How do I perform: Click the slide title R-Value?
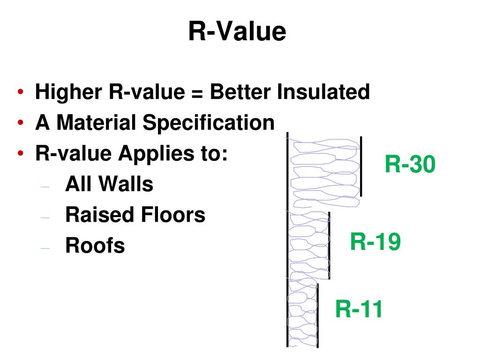tap(237, 32)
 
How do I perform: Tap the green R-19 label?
tap(375, 242)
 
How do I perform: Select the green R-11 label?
tap(359, 309)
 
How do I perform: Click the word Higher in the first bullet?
tap(69, 92)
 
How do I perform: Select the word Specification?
tap(209, 123)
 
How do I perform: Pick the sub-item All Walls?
tap(109, 184)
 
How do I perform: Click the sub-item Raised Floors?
tap(135, 215)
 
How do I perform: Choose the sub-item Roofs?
tap(95, 246)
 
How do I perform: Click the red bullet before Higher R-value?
tap(22, 92)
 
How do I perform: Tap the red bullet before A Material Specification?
tap(22, 123)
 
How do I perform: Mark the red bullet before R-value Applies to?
tap(22, 154)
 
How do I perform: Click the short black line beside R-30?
tap(361, 166)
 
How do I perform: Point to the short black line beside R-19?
tap(330, 246)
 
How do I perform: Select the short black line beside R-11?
tap(317, 315)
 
